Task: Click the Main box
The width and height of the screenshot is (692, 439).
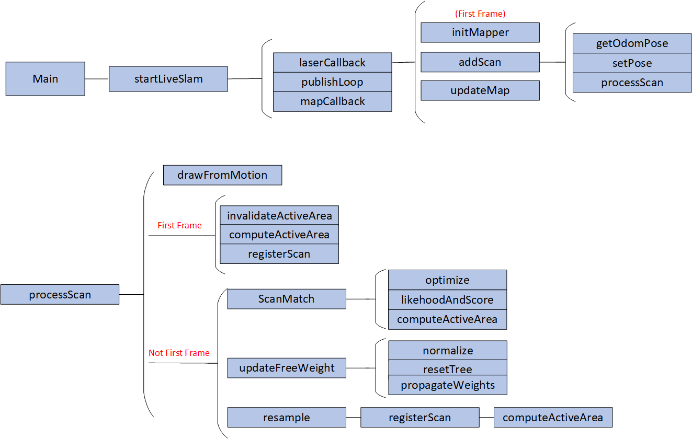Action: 46,79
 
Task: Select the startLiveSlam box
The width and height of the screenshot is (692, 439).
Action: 168,79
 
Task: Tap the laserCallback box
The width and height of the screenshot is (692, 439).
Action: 332,63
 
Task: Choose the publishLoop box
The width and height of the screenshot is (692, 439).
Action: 332,82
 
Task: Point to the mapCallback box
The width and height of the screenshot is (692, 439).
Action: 332,101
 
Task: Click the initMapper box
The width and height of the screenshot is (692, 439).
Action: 480,32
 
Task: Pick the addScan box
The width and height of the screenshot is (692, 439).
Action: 480,62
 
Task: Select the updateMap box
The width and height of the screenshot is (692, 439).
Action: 480,90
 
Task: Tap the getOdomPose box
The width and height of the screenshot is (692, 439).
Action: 632,43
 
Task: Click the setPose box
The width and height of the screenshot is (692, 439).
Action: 632,63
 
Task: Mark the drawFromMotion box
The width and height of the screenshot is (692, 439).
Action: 222,175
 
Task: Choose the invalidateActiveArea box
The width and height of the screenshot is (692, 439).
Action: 279,215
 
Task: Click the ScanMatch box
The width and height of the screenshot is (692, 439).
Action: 287,299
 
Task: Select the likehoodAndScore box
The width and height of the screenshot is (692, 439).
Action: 447,300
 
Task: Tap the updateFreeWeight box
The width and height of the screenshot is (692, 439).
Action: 287,368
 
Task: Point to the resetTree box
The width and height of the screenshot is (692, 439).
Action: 447,368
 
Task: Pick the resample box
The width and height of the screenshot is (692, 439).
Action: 287,418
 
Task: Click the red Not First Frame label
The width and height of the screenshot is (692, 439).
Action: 179,353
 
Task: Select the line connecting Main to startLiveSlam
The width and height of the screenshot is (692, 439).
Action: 97,79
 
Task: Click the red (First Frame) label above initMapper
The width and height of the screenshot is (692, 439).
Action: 480,14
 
